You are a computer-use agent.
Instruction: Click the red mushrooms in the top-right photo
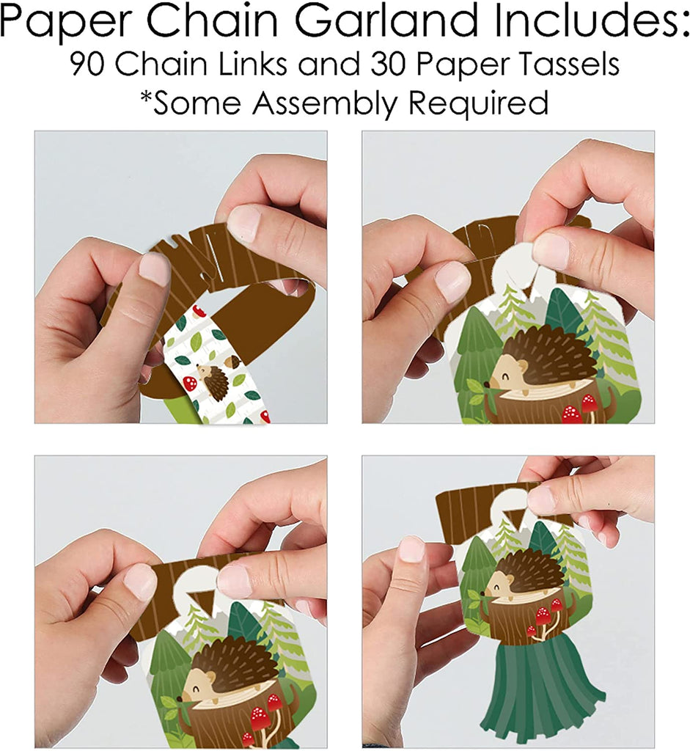coord(580,410)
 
